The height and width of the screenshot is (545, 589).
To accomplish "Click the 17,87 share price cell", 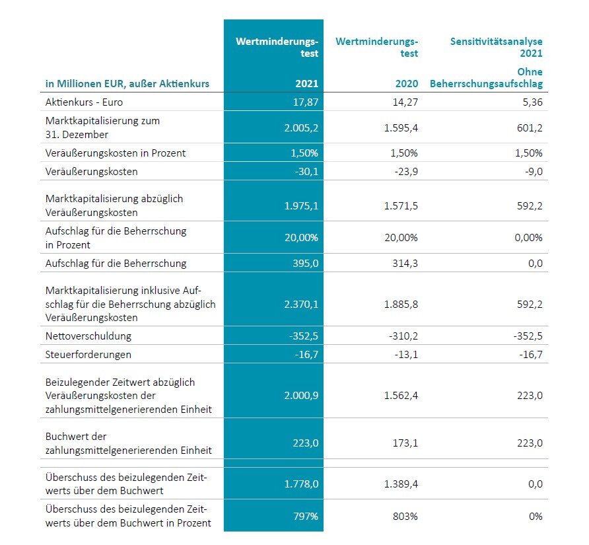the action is pos(305,102).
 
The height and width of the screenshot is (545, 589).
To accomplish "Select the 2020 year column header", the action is pos(407,83).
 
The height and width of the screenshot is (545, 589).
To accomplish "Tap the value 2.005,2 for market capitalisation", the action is pos(301,127).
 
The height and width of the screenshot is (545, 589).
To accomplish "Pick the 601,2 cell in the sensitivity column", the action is pos(530,127).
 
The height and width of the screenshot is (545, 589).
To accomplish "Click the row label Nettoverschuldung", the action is pos(88,336).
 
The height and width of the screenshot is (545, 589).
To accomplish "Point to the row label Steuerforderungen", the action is pos(88,355).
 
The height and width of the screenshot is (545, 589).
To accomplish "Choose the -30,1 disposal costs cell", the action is pos(306,171).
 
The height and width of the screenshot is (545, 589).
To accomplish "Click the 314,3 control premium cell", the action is pos(405,263).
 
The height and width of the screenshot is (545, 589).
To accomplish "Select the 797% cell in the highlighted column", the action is pos(306,516).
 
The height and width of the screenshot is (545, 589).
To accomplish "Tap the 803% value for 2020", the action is pos(405,516).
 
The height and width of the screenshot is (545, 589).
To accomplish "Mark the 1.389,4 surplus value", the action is pos(401,484).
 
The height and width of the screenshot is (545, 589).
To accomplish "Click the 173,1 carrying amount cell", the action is pos(405,443).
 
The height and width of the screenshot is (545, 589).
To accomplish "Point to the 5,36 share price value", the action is pos(533,102).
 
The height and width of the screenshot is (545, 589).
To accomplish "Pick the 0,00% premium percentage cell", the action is pos(528,238).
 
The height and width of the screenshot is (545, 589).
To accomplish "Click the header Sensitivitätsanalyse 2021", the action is pos(496,47).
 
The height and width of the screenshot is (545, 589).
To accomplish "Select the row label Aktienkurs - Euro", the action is pos(84,102).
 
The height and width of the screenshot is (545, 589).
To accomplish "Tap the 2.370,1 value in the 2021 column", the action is pos(301,304).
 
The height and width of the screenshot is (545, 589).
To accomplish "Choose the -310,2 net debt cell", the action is pos(403,336).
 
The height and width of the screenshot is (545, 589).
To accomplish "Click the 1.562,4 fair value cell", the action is pos(401,396).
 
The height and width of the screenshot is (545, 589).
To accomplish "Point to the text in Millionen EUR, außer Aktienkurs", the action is pos(127,83).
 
